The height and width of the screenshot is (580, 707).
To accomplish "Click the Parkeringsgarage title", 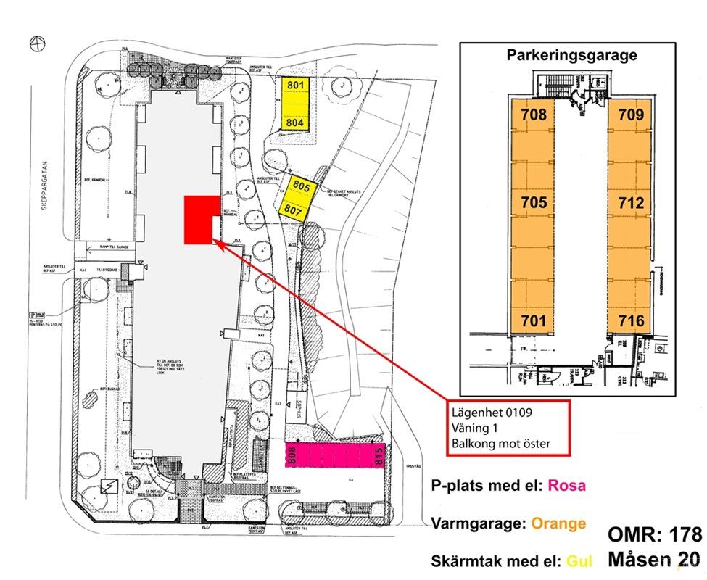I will (x=571, y=55).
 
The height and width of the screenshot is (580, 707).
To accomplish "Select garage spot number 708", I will (x=533, y=115).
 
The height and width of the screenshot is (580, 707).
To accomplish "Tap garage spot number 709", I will (x=630, y=115).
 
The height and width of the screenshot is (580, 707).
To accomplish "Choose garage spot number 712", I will (x=630, y=203).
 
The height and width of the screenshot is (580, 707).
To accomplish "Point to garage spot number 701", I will (x=533, y=320).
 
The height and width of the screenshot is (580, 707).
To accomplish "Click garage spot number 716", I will (x=630, y=320).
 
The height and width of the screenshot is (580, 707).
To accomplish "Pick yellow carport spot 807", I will (x=293, y=209).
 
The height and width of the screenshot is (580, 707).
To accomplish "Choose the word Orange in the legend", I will (x=558, y=523).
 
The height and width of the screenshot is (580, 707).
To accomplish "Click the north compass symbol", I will (x=37, y=43).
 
